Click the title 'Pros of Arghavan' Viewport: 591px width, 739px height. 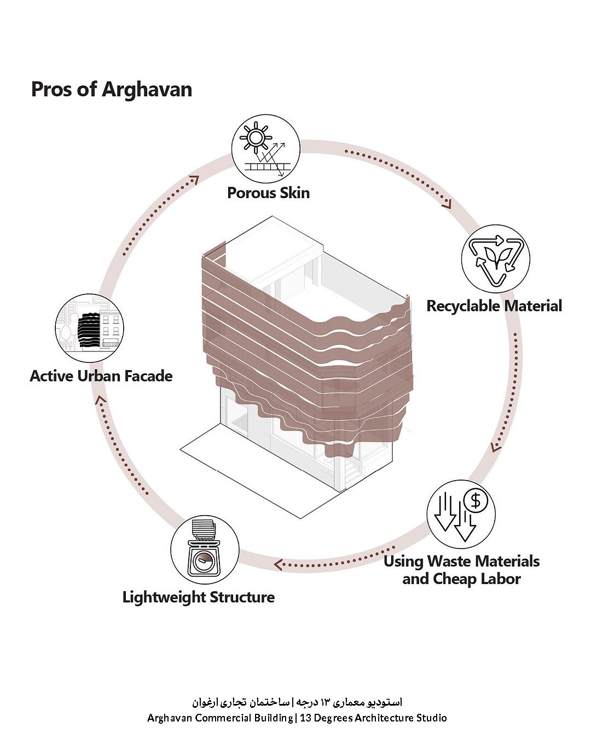click(x=111, y=89)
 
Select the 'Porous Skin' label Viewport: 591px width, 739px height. click(x=268, y=193)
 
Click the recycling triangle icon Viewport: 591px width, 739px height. click(x=495, y=258)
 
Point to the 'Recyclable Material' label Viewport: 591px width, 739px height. click(x=494, y=305)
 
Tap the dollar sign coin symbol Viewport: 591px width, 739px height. click(x=476, y=500)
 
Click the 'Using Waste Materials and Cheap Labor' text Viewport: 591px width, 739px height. click(x=461, y=570)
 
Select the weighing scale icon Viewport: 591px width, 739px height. click(x=205, y=553)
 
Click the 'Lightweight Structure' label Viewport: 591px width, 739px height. click(x=198, y=597)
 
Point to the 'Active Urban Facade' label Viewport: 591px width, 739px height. click(x=101, y=376)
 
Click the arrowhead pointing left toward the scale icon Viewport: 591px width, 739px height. click(x=279, y=564)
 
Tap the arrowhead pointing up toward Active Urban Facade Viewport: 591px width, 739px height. click(x=99, y=400)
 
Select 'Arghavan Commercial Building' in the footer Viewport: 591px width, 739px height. click(x=219, y=718)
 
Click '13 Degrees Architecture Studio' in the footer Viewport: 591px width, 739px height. click(x=372, y=718)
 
